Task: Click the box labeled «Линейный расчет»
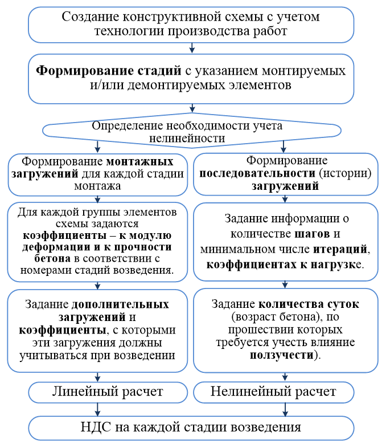(108, 392)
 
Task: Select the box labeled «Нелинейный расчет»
(273, 392)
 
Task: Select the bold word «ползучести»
(281, 355)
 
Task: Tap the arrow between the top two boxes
(192, 48)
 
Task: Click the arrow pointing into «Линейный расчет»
(99, 377)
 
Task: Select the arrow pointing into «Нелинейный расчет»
(283, 377)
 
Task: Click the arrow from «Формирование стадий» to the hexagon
(192, 109)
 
